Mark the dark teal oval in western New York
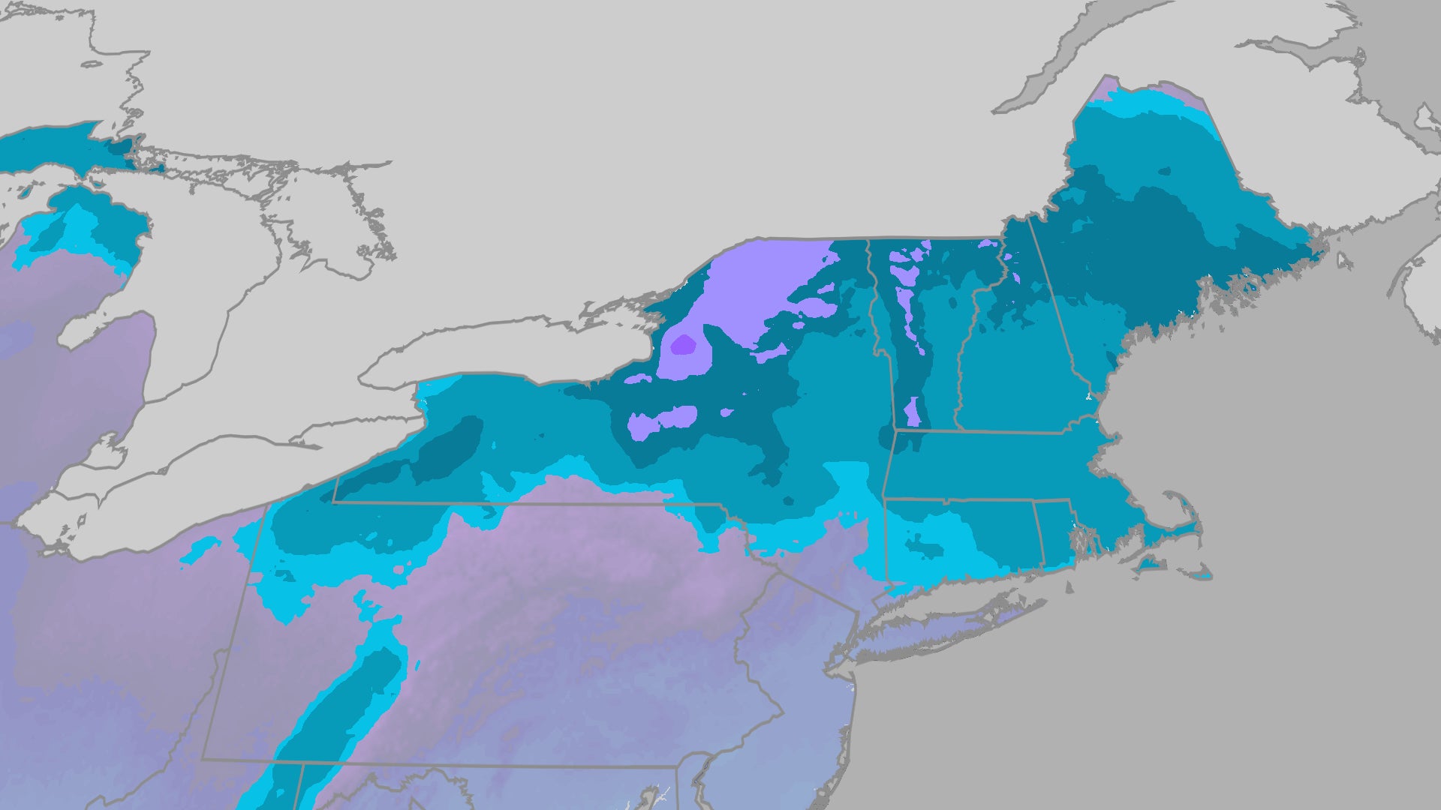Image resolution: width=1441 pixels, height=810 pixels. tap(450, 450)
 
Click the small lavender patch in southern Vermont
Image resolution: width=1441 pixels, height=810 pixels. tap(912, 412)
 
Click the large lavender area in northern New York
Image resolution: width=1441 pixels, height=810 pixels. tap(758, 285)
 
